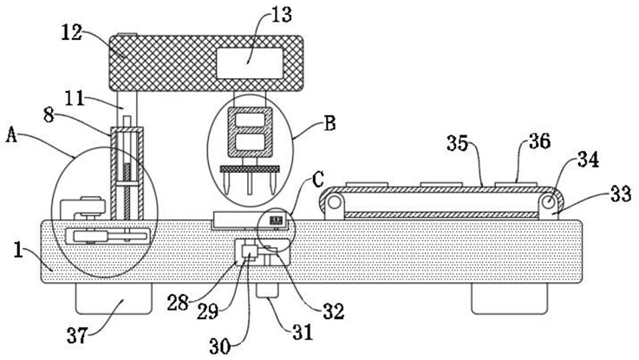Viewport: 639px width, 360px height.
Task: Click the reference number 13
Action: [x=282, y=15]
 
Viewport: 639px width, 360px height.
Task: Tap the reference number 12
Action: [x=72, y=33]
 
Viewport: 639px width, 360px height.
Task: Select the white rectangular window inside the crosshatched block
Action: [x=250, y=62]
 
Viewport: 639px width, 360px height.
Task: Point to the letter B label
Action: [x=329, y=123]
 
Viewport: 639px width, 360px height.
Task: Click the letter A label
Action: [x=12, y=135]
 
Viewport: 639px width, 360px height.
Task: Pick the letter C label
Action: [x=318, y=179]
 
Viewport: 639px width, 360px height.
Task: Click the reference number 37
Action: [x=77, y=337]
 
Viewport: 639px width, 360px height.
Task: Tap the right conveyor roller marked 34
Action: [x=549, y=201]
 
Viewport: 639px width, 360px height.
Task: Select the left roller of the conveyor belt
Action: [x=335, y=202]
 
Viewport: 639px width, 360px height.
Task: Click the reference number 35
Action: [x=457, y=143]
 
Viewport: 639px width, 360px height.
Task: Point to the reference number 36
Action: [x=540, y=141]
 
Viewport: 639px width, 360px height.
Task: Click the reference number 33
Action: [x=621, y=194]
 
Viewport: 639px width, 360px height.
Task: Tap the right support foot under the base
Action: [x=510, y=298]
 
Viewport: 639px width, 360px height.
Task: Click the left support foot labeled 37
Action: [x=114, y=298]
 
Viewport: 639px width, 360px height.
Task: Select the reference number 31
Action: [x=303, y=332]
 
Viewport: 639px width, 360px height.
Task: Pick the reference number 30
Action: [x=220, y=347]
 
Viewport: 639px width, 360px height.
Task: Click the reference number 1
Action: [x=18, y=250]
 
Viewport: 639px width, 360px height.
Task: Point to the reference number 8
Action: [x=49, y=115]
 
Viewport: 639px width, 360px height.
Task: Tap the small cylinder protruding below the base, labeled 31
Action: [x=267, y=291]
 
